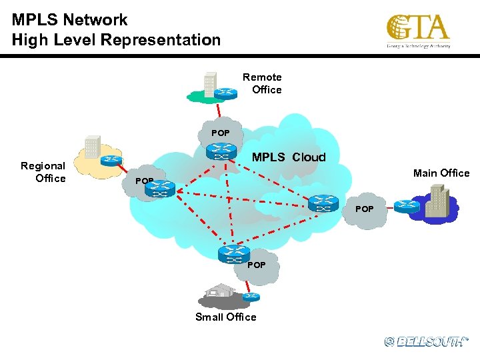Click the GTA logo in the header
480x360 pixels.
(418, 31)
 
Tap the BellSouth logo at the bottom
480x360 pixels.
(426, 341)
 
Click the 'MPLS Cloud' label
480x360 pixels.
(289, 157)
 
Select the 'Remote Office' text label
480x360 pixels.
(263, 83)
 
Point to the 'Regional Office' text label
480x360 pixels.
(43, 172)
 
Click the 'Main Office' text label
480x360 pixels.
(441, 173)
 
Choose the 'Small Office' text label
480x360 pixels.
(225, 317)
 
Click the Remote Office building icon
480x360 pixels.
(210, 85)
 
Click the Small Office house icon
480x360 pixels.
(220, 291)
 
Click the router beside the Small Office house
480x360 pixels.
(251, 297)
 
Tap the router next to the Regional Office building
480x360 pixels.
(111, 161)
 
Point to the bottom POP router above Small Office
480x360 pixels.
(233, 254)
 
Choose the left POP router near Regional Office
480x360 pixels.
(160, 189)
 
